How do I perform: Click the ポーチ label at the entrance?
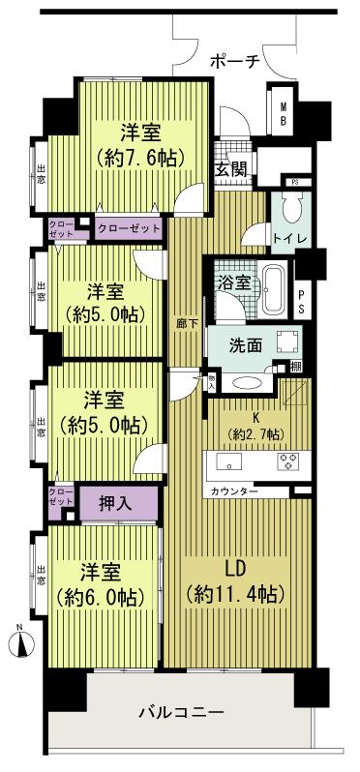[234, 60]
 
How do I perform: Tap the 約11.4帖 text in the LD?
[235, 594]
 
